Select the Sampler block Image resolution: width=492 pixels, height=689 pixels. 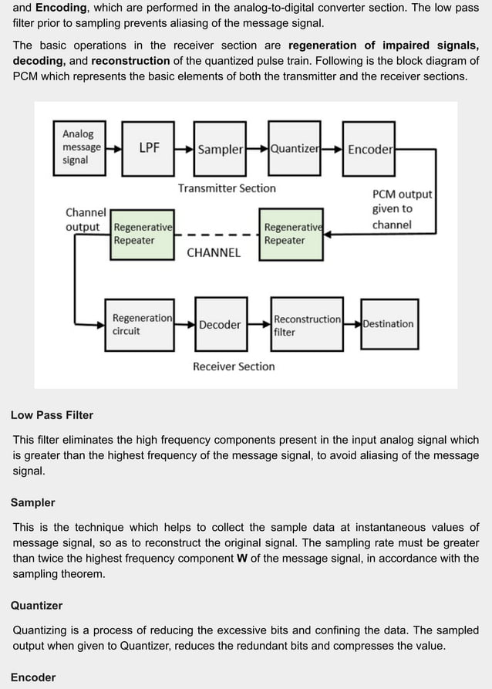220,149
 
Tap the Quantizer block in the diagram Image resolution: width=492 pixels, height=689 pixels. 294,149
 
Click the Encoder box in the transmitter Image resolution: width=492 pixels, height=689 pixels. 369,149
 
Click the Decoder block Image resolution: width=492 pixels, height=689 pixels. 220,325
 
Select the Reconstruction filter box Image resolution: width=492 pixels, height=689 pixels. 306,325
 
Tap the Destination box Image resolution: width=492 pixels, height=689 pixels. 389,324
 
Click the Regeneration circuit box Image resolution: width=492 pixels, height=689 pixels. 142,325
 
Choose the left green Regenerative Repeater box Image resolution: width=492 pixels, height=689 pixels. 142,234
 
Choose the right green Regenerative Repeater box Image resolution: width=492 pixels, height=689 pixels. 291,234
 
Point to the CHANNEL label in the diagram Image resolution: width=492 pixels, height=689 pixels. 214,252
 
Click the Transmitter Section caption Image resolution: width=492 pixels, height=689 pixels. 227,188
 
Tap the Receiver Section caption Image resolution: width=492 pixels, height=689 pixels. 234,366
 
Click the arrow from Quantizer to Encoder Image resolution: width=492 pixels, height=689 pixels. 332,149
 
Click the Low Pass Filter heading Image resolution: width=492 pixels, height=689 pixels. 52,415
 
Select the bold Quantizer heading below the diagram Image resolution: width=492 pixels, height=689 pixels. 36,606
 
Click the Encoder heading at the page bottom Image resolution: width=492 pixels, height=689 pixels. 33,677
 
